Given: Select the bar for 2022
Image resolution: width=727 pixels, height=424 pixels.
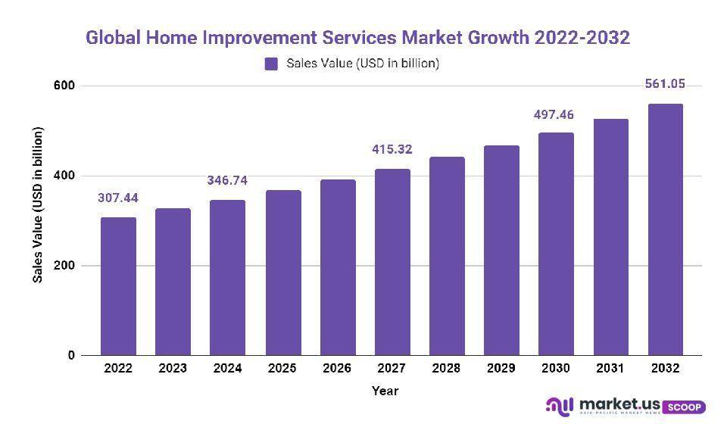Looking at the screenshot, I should [x=118, y=286].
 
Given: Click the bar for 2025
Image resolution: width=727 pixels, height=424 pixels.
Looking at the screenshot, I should [x=282, y=273].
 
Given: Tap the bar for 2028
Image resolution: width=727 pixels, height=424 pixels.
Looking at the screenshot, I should [x=447, y=256].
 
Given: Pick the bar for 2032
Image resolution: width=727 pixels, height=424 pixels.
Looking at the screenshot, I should [x=665, y=229].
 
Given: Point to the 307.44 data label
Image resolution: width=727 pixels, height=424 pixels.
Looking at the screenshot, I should [x=118, y=198].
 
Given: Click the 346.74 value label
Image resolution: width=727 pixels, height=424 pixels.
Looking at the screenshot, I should [x=227, y=180].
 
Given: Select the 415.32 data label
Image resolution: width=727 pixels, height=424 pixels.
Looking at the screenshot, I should [x=392, y=149].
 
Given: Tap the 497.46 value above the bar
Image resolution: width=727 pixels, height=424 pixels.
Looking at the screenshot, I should [x=555, y=115].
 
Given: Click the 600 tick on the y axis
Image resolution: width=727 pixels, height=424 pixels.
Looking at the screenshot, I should [x=65, y=86].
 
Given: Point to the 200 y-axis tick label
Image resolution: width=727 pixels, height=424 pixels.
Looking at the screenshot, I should [x=65, y=266].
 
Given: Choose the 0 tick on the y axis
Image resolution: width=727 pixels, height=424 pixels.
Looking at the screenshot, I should [x=70, y=355].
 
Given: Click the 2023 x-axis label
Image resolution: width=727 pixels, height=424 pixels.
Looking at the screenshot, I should [x=173, y=369].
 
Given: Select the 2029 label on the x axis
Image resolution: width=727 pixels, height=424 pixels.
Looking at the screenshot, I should [x=501, y=369].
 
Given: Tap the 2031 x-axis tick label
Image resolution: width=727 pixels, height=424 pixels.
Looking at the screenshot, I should [x=610, y=369].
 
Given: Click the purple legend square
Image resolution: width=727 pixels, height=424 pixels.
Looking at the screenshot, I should [x=271, y=64].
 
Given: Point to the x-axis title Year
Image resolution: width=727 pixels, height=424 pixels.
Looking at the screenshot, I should [x=385, y=391].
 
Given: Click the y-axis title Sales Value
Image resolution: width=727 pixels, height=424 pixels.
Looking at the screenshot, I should [x=38, y=205].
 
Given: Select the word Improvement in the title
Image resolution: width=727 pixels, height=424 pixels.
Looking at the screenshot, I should [x=273, y=38].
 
